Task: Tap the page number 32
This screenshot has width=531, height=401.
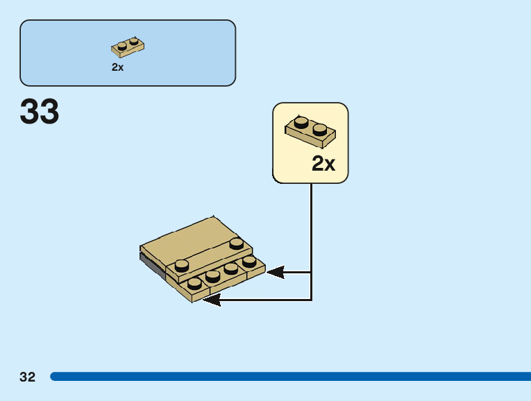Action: [27, 377]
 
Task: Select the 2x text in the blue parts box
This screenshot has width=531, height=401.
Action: [117, 67]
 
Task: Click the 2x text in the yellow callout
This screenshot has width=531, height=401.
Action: [323, 164]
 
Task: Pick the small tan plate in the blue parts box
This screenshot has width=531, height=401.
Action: [127, 47]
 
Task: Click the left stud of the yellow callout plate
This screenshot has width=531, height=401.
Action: [301, 122]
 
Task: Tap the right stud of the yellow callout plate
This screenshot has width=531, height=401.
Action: [319, 128]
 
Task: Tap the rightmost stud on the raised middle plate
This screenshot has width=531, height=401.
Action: [237, 243]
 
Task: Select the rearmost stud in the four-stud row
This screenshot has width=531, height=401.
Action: [249, 261]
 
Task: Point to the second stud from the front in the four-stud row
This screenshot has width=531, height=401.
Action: [213, 275]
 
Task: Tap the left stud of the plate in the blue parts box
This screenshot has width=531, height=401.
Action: [122, 46]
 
